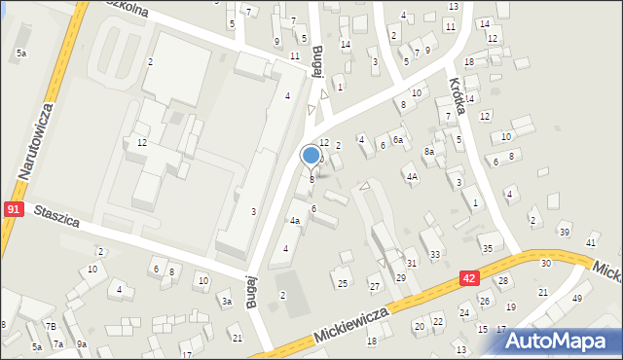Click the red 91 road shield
pos(14,209)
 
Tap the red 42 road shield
pos(469,279)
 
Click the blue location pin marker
pos(311,156)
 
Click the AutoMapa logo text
pos(566,340)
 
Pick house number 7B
pos(51,326)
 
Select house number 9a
pos(83,344)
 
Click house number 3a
pos(226,303)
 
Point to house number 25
pos(342,283)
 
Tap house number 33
pos(435,255)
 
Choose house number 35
pos(487,248)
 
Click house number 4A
pos(412,177)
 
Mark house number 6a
pos(397,140)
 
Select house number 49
pos(576,298)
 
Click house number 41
pos(590,242)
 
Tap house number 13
pos(453,7)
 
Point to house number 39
pos(564,232)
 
